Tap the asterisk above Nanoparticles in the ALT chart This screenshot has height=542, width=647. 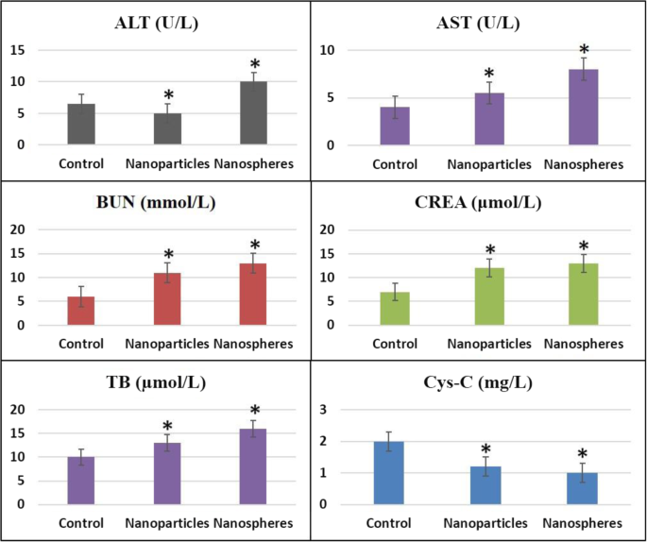point(168,95)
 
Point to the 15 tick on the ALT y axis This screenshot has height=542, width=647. point(19,50)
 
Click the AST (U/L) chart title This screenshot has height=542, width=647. point(479,22)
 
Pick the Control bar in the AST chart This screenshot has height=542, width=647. point(395,126)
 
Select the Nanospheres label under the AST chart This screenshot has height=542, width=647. point(583,164)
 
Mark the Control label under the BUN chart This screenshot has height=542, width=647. point(81,344)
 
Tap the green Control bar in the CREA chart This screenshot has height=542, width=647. point(395,309)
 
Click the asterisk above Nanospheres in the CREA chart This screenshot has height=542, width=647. point(583,247)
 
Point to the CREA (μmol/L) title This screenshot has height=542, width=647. point(481,201)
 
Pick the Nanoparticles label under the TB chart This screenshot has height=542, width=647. point(168,523)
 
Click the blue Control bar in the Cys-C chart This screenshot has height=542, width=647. point(395,472)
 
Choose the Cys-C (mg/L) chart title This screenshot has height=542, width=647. point(481,382)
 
